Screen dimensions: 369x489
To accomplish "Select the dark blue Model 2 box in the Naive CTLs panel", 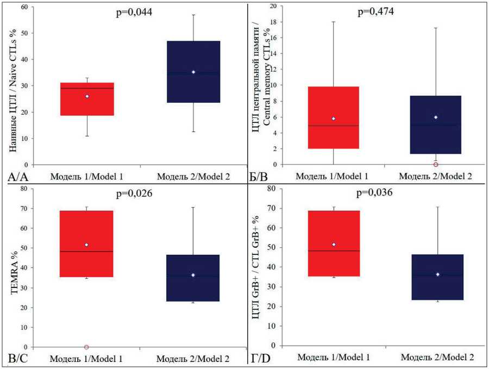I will (193, 72).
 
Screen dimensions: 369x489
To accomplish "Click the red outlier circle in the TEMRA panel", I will (86, 347).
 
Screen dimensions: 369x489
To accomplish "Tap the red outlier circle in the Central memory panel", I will (436, 164).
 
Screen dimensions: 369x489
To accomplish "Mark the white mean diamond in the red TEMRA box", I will (86, 245).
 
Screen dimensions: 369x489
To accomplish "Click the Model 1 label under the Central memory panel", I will (332, 177).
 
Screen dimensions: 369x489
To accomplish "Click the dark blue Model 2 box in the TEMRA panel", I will (193, 278).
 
